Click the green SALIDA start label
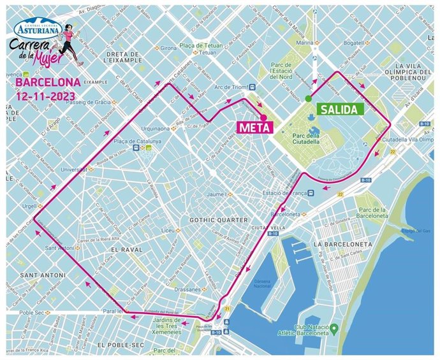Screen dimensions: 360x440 (x=340, y=109)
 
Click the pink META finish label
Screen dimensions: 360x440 (x=254, y=127)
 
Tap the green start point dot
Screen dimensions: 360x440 (x=308, y=98)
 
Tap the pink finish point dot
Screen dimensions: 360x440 (x=263, y=117)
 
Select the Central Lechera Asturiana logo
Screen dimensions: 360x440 (x=40, y=27)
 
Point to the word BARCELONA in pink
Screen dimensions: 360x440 (x=48, y=82)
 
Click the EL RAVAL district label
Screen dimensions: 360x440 (x=125, y=251)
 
